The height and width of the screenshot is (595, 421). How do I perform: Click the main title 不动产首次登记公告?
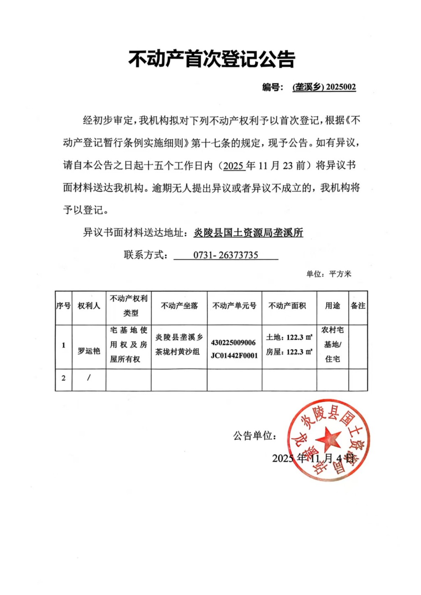point(212,59)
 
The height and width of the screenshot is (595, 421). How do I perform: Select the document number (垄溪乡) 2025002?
point(324,87)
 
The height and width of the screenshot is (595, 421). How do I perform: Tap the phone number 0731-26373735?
point(226,255)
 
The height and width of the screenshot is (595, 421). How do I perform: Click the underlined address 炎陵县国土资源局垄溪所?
point(248,233)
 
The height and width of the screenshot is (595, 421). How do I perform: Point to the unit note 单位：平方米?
point(328,274)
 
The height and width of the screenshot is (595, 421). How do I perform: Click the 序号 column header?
point(63,306)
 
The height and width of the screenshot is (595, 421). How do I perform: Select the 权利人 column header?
point(89,306)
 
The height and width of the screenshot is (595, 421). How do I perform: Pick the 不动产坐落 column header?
point(179,306)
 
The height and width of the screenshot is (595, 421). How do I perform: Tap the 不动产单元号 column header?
point(234,306)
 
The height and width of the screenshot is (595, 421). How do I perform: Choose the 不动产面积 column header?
point(287,306)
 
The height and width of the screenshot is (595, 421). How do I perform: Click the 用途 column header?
point(333,306)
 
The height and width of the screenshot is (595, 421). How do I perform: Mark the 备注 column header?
point(358,306)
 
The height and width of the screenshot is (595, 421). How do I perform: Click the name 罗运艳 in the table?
point(89,351)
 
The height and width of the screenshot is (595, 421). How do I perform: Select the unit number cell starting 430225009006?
point(234,349)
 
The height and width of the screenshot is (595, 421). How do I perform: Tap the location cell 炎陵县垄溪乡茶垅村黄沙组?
point(179,344)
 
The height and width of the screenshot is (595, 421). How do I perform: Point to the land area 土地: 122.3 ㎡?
point(289,337)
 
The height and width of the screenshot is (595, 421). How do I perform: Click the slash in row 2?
point(89,378)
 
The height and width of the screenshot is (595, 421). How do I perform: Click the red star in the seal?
point(328,438)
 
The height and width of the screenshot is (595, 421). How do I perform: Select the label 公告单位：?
point(255,436)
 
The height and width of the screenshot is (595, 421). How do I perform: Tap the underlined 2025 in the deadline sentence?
point(234,166)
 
